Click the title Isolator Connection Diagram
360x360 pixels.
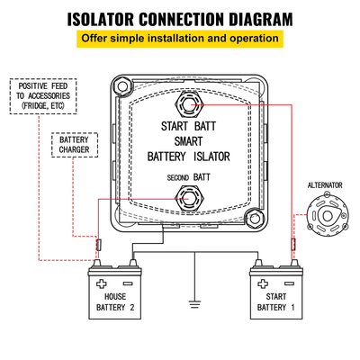tap(180, 17)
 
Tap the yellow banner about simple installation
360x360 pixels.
tap(180, 39)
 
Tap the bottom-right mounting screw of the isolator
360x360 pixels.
tap(256, 216)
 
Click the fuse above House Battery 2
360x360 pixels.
tap(98, 245)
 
